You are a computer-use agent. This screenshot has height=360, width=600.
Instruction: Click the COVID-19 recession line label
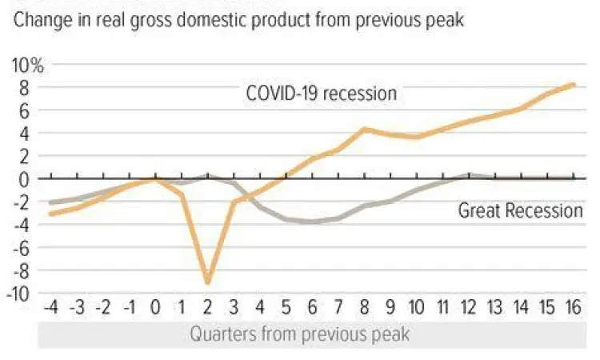[321, 94]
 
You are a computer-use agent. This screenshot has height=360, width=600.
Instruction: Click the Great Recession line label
[520, 211]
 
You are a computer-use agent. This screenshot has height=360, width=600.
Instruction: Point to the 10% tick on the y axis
[28, 65]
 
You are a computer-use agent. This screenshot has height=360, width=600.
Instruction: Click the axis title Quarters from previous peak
[299, 334]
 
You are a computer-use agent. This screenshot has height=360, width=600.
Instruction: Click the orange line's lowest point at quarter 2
[208, 282]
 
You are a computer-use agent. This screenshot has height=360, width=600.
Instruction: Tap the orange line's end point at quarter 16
[574, 84]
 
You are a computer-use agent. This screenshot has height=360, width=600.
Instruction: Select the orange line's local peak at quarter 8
[365, 129]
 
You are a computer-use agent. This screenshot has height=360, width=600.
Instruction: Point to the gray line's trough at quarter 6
[313, 222]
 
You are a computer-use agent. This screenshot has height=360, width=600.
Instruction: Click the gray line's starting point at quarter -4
[52, 202]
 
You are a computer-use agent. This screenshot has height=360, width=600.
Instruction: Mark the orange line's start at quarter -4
[52, 214]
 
